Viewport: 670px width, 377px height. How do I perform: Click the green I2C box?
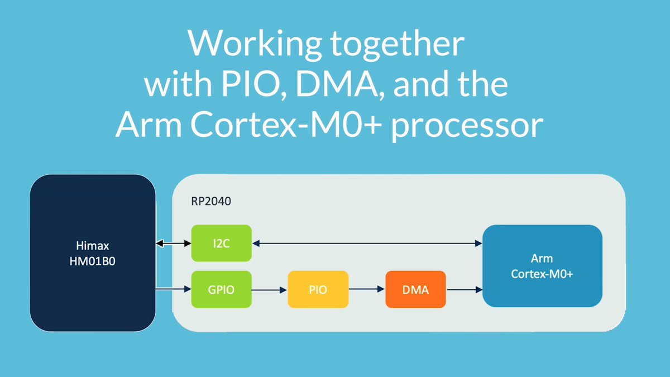(221, 243)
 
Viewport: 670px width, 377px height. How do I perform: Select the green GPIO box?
(221, 289)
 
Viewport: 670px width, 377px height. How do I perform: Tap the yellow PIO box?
(318, 289)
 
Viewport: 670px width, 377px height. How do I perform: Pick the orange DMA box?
(415, 289)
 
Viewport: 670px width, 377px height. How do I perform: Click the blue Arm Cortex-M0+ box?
(542, 266)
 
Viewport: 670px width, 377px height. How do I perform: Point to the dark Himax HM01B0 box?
(92, 252)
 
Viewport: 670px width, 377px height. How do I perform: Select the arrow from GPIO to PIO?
(270, 289)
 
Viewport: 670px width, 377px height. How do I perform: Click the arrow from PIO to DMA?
(367, 289)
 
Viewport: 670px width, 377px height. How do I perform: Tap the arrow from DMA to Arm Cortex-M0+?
(464, 289)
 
